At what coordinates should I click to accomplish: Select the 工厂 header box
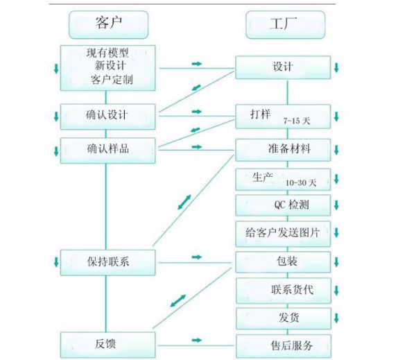[285, 25]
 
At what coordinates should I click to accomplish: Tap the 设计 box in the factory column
[283, 67]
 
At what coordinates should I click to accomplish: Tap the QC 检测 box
[283, 205]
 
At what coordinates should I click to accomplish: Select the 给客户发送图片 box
[283, 233]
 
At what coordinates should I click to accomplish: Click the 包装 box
[283, 262]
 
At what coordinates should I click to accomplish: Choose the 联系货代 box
[283, 290]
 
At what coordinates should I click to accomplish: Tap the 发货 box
[283, 318]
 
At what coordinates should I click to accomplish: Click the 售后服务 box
[283, 345]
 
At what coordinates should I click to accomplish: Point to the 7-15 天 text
[297, 121]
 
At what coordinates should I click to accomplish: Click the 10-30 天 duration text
[300, 183]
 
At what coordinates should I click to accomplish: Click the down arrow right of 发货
[336, 318]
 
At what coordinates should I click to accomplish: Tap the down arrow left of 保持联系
[56, 262]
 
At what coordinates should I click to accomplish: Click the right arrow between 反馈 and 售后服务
[196, 340]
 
